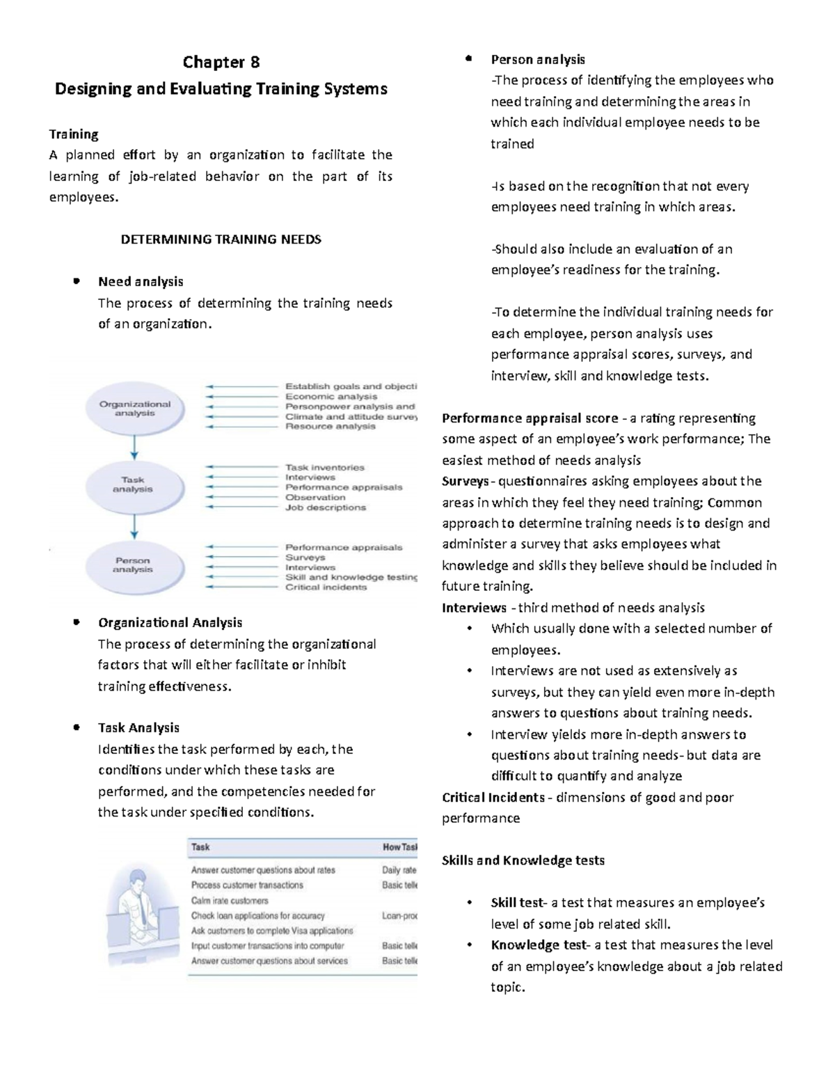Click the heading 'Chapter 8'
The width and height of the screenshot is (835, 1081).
(x=221, y=63)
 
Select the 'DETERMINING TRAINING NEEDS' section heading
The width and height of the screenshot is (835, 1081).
(x=221, y=239)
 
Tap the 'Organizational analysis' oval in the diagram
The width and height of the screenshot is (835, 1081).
(x=135, y=409)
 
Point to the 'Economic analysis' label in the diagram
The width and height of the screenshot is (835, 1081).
(x=331, y=396)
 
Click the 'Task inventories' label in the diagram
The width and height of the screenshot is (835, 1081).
(x=324, y=468)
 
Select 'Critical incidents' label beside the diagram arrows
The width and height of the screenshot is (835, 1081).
(x=326, y=587)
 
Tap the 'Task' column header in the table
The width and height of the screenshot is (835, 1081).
(x=200, y=847)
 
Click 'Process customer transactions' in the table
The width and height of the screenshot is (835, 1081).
(x=247, y=885)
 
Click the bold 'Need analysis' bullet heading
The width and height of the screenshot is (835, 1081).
(x=141, y=282)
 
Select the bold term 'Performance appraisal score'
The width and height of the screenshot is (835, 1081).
(x=530, y=418)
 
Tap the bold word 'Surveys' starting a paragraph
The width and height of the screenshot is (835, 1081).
(x=465, y=482)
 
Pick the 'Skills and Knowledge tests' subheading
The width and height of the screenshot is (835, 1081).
(x=523, y=860)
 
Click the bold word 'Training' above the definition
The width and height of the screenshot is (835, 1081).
(x=73, y=134)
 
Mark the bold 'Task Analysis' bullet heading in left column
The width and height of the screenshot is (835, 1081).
(x=138, y=728)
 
